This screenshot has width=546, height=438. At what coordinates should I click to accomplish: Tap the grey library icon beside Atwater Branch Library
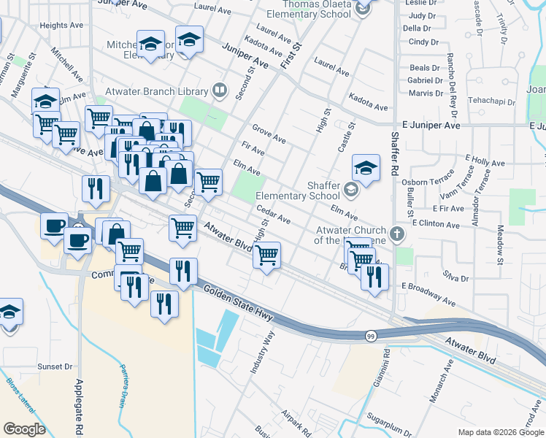[219, 91]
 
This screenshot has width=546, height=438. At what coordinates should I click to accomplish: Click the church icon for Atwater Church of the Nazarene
[396, 234]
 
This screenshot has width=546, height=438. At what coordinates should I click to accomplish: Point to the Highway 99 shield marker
[371, 335]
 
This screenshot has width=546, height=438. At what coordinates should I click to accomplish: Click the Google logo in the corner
[24, 429]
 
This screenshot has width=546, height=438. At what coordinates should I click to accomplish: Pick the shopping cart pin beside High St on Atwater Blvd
[267, 255]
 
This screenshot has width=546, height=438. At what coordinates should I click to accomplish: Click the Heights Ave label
[62, 25]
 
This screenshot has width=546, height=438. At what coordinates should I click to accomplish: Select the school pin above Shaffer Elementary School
[366, 169]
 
